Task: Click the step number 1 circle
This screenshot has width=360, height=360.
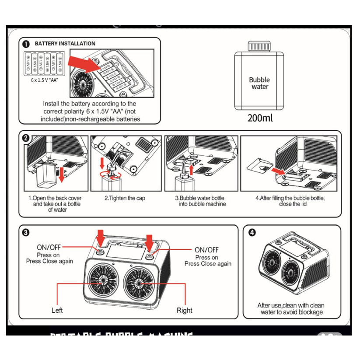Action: click(x=26, y=44)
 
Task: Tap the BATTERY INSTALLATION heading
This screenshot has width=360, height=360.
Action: click(x=65, y=44)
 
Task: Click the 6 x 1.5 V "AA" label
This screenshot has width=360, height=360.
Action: click(x=44, y=80)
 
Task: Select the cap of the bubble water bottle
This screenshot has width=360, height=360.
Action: click(x=259, y=45)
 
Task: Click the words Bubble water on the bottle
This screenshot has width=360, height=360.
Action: click(x=259, y=83)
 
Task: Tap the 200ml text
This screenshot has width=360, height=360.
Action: click(x=260, y=118)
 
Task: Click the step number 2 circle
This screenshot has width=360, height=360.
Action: click(x=26, y=138)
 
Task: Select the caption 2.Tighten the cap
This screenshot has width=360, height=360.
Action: click(x=125, y=198)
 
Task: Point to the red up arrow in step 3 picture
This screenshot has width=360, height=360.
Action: click(x=191, y=168)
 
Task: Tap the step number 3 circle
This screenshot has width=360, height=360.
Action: click(x=26, y=233)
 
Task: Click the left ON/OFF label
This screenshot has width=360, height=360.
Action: click(x=49, y=248)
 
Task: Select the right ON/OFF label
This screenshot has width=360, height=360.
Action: click(x=206, y=250)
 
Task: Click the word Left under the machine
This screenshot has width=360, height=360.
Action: click(x=57, y=310)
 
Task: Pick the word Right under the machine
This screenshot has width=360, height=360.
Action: click(x=184, y=310)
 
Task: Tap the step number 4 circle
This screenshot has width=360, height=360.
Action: click(x=252, y=232)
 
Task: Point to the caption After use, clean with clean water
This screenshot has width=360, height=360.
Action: click(x=291, y=309)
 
